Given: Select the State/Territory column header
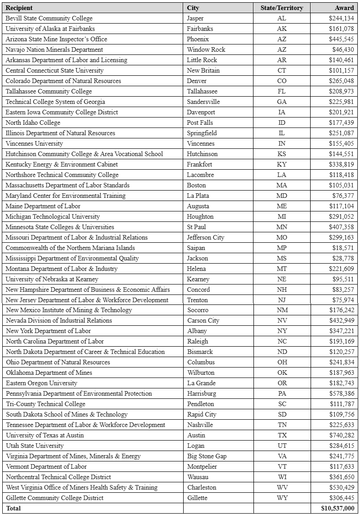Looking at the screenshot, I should pos(282,8).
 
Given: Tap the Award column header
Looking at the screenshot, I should pos(344,8).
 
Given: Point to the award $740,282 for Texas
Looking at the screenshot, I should pos(341,435).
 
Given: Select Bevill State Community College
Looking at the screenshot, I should pos(49,18).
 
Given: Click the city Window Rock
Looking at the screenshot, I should pos(206,49).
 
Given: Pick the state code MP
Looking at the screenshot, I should pos(282,248).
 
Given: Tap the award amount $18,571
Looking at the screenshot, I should pos(343,248).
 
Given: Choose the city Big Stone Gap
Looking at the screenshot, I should pos(207,456).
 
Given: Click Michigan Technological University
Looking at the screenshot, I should pos(53,216).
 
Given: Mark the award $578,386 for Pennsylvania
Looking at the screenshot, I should pos(341,393).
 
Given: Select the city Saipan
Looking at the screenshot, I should pos(196,248).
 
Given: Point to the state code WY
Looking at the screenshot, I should pos(282,498).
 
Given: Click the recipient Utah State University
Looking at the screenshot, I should pos(34,446).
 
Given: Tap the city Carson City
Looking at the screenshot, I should pos(203,320).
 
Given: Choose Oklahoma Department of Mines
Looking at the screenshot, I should pos(49,373).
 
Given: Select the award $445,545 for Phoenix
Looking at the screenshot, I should pos(341,39).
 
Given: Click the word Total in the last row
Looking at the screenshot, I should pos(13,508).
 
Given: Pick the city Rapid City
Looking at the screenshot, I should pos(203,414).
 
